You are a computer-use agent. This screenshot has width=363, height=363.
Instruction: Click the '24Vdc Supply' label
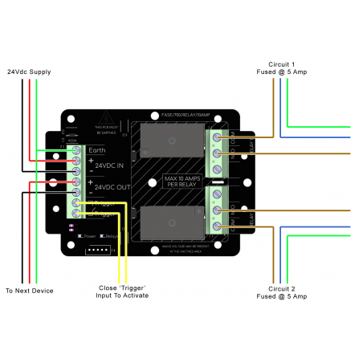click(x=29, y=72)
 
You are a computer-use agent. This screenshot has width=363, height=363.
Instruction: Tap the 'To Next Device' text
click(x=30, y=290)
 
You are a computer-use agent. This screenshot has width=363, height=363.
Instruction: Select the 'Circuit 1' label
click(x=282, y=63)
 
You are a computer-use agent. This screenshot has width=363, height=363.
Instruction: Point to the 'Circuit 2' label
click(x=282, y=288)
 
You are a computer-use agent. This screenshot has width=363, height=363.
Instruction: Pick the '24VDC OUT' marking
click(x=111, y=187)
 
